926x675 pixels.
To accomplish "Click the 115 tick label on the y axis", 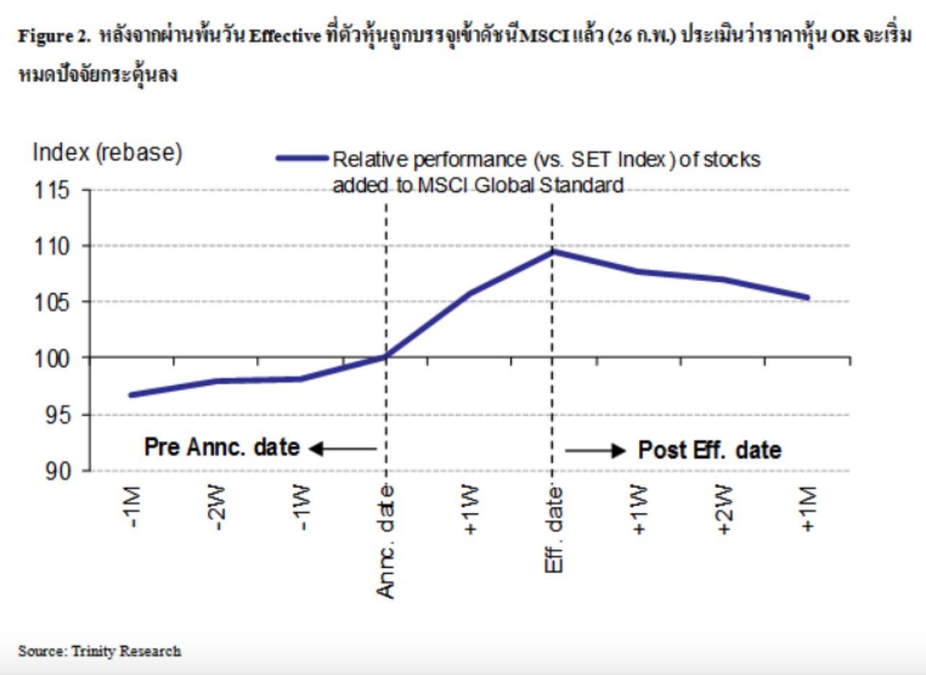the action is tap(51, 190).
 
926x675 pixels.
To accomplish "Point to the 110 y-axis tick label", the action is tap(51, 247).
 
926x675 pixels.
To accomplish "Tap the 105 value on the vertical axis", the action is tap(51, 303).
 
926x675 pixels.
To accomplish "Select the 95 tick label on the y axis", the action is tap(57, 415).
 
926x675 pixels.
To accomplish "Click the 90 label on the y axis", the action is tap(57, 471).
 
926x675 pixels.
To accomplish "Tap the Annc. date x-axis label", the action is tap(386, 542).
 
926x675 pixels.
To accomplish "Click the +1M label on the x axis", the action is tap(809, 508).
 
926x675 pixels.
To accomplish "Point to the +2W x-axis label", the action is tap(724, 509).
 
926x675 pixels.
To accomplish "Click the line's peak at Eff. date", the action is tap(552, 251).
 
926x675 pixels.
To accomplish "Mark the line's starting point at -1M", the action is tap(132, 395).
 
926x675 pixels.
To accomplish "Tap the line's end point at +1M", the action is tap(807, 298).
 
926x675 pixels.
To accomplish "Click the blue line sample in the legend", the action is tap(302, 158).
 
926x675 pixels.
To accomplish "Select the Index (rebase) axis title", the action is tap(107, 153).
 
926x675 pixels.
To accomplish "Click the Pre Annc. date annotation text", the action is tap(222, 448).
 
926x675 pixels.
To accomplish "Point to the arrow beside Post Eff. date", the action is tap(595, 450).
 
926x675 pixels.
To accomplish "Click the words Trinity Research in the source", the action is tap(127, 651).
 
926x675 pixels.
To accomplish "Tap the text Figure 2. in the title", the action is tap(54, 37).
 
